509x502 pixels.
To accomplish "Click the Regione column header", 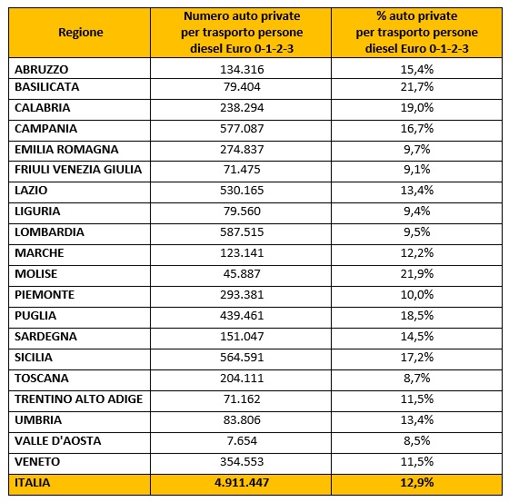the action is [x=81, y=33].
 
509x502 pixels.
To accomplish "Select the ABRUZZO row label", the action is [x=41, y=69].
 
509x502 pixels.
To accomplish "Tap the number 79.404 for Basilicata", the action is [x=242, y=87].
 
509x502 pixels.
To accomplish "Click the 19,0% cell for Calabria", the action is [x=417, y=108].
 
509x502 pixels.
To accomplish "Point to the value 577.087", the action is [x=242, y=128].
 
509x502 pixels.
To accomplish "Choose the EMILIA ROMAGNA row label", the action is [x=66, y=149].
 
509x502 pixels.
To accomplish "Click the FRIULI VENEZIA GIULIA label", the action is [x=78, y=169].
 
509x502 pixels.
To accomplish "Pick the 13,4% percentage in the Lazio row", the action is [x=417, y=190].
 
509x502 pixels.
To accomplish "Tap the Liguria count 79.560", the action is [x=242, y=212].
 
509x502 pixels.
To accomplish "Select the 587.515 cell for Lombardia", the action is [x=242, y=231].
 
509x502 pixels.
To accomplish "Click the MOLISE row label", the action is [x=35, y=274].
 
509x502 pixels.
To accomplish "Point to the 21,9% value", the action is [x=417, y=274].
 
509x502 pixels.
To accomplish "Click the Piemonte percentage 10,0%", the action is [x=417, y=294].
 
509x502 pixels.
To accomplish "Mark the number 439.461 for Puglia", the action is [x=242, y=315].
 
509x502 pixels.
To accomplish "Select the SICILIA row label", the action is [x=34, y=357].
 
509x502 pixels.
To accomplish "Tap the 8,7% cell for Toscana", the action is [x=417, y=379].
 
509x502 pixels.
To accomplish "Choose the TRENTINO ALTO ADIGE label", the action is [x=78, y=399].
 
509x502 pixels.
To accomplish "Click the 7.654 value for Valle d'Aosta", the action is [x=242, y=440].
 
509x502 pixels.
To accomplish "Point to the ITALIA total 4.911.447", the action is [x=242, y=483].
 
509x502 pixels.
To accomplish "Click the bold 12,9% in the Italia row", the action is [x=417, y=483].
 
